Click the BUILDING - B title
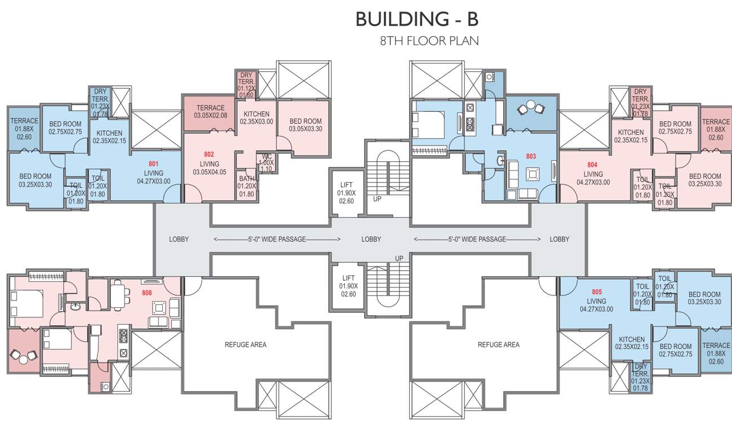(x=417, y=19)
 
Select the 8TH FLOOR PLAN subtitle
(x=429, y=41)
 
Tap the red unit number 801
(x=154, y=164)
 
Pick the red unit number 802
(x=209, y=154)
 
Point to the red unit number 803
(x=531, y=156)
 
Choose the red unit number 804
(x=592, y=165)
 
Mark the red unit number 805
(x=597, y=291)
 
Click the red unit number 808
(x=147, y=293)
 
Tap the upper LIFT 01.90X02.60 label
(x=347, y=193)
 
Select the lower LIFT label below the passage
(x=348, y=278)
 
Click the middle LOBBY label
(x=371, y=240)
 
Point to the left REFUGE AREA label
(x=246, y=344)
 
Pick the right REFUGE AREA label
(x=499, y=344)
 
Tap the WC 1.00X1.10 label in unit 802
(x=267, y=163)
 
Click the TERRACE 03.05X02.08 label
(x=211, y=112)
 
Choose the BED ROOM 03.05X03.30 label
(x=305, y=125)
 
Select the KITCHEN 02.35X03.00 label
(x=256, y=118)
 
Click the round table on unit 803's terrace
(x=531, y=105)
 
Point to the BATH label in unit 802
(x=247, y=179)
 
